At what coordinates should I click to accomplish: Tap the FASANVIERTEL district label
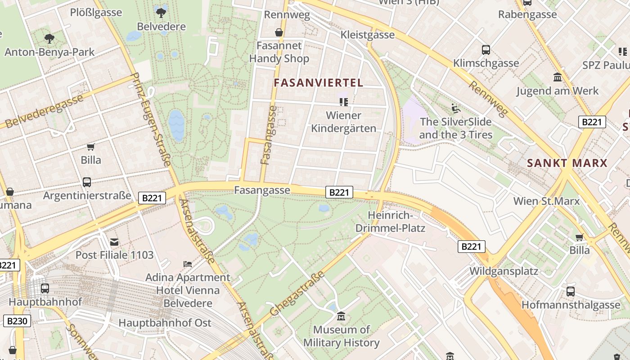point(318,83)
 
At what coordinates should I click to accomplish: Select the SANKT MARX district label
point(567,163)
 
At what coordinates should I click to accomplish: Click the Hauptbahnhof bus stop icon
point(45,288)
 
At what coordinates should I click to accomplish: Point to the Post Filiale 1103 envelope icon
point(114,242)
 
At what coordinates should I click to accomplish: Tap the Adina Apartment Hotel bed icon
point(188,264)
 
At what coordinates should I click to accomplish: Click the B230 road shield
point(18,321)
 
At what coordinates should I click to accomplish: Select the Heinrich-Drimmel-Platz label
point(390,221)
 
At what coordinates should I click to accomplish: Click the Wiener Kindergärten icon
point(344,102)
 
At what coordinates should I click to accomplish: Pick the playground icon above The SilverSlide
point(455,108)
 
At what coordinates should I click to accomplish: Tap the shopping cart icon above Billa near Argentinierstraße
point(91,147)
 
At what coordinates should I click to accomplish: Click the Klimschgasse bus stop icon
point(486,50)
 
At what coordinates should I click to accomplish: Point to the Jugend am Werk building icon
point(558,77)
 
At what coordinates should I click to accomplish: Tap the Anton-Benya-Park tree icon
point(49,39)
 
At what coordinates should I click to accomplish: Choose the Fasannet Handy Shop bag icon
point(279,32)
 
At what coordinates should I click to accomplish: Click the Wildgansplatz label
point(504,271)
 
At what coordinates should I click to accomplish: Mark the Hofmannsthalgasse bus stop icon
point(571,292)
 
